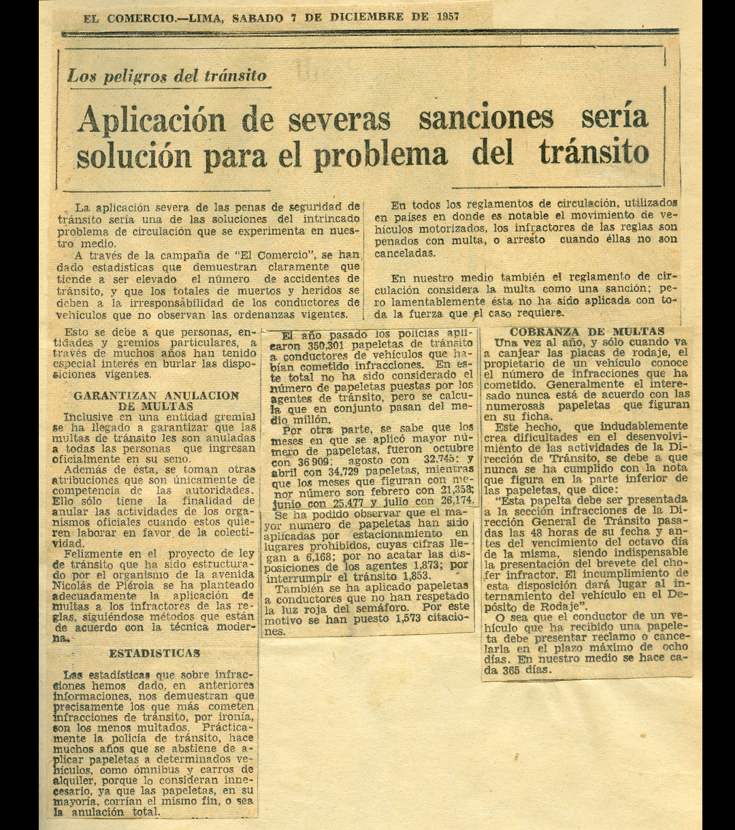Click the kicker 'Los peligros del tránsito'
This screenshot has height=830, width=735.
point(167,76)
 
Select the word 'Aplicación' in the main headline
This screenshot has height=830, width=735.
point(151,120)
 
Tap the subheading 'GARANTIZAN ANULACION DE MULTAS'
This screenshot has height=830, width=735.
point(156,400)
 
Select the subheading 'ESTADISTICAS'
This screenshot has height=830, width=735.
point(154,653)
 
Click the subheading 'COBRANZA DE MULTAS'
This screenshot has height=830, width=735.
point(587,331)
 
